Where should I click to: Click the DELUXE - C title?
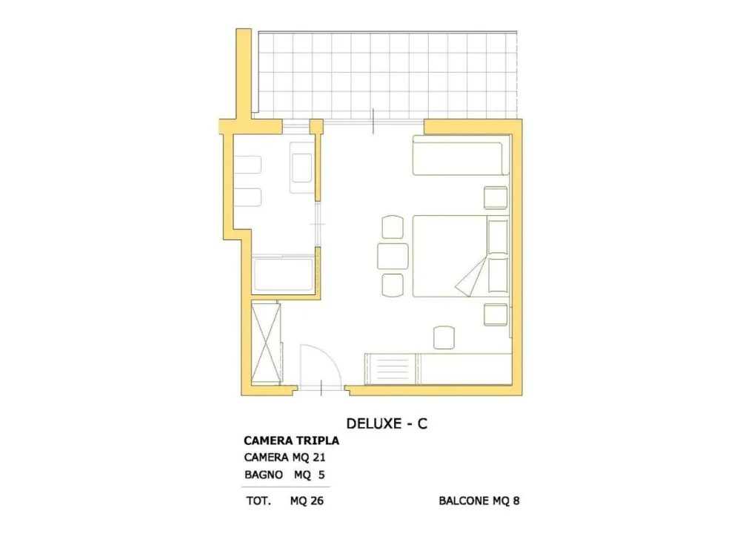point(387,423)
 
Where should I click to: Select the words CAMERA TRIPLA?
point(291,441)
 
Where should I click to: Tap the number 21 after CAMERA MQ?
point(318,458)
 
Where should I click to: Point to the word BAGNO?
point(264,475)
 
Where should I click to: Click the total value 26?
point(317,501)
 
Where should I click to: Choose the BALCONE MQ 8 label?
point(479,501)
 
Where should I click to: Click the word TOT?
point(258,501)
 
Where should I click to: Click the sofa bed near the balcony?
point(461,156)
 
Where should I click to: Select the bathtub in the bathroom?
point(283,274)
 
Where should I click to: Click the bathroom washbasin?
point(302,168)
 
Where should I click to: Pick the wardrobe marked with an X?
point(266,343)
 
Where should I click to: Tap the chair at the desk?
point(444,337)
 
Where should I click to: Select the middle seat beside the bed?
point(393,256)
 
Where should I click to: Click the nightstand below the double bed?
point(496,314)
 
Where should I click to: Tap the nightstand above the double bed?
point(496,198)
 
